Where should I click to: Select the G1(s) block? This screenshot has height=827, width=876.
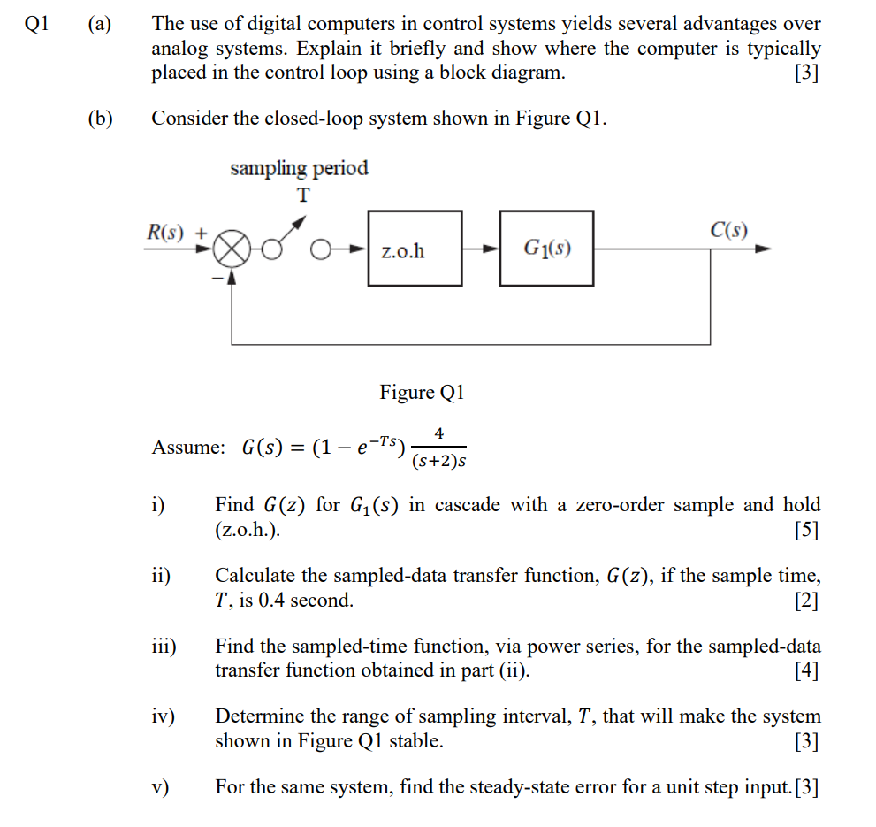pyautogui.click(x=546, y=249)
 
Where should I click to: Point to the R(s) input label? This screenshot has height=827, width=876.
pyautogui.click(x=165, y=233)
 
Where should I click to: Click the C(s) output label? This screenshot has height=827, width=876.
pyautogui.click(x=728, y=232)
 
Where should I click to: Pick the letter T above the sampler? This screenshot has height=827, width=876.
pyautogui.click(x=303, y=195)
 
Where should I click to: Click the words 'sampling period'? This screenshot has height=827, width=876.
pyautogui.click(x=299, y=168)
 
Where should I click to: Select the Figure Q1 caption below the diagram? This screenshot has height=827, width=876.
pyautogui.click(x=422, y=392)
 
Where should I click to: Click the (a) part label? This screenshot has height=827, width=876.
pyautogui.click(x=99, y=25)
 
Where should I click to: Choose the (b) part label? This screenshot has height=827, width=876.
pyautogui.click(x=99, y=118)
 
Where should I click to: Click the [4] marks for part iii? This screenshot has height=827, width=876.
pyautogui.click(x=806, y=670)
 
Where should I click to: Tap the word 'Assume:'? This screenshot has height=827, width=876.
pyautogui.click(x=188, y=448)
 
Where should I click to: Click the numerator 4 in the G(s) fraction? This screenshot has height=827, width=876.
pyautogui.click(x=439, y=433)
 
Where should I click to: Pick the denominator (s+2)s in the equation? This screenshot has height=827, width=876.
pyautogui.click(x=438, y=461)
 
